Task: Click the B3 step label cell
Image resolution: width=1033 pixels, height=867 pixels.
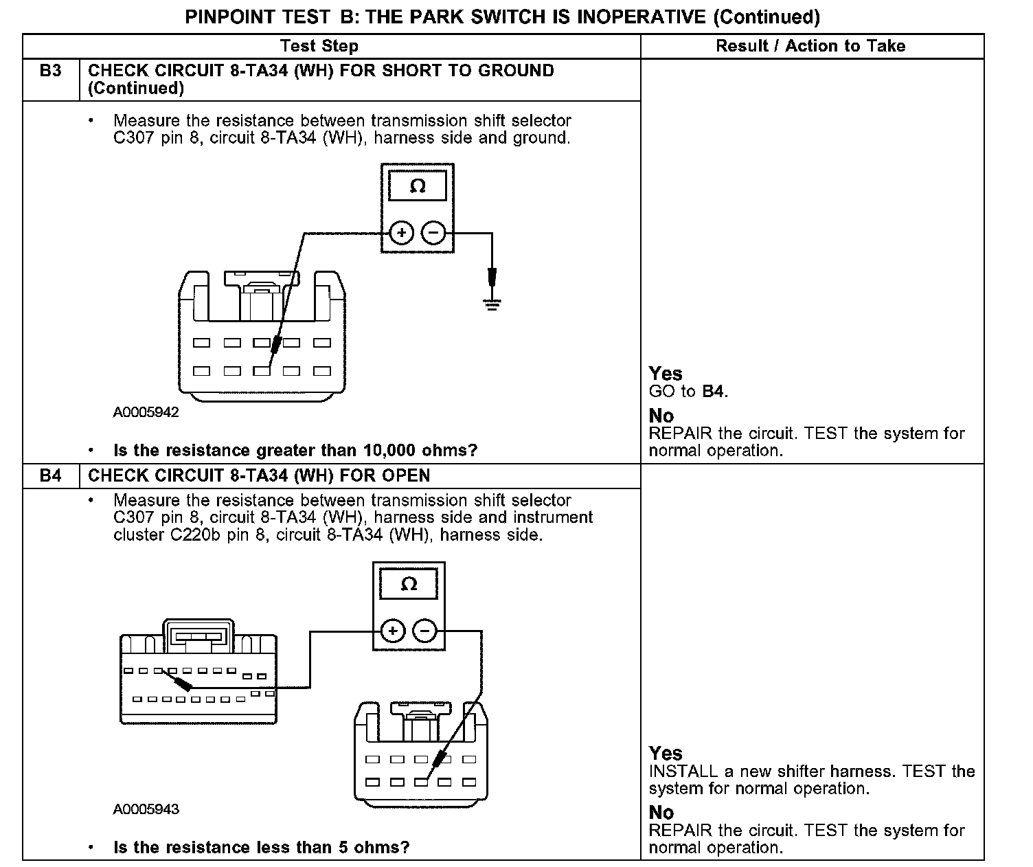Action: (51, 71)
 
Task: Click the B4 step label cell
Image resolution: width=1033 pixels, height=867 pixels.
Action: (51, 476)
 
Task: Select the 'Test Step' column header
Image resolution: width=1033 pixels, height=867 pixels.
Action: (319, 46)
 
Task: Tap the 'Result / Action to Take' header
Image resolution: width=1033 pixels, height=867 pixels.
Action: (810, 46)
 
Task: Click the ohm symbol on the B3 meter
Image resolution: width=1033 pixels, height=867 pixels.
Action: (418, 185)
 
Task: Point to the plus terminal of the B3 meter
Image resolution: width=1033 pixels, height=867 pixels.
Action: (401, 234)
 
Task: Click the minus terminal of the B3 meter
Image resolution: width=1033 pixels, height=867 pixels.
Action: (433, 234)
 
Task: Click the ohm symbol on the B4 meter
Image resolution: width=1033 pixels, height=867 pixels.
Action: (409, 584)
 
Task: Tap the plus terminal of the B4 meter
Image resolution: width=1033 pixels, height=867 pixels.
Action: (392, 631)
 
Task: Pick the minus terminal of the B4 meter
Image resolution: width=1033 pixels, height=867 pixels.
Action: (425, 631)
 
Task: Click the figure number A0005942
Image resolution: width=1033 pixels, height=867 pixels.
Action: (146, 412)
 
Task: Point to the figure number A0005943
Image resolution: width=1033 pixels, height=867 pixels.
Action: (146, 809)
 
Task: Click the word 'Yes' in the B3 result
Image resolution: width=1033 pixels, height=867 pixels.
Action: (666, 374)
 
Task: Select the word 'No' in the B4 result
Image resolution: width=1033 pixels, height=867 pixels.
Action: (661, 813)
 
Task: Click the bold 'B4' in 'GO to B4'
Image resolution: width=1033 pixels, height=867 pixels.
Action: (714, 392)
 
